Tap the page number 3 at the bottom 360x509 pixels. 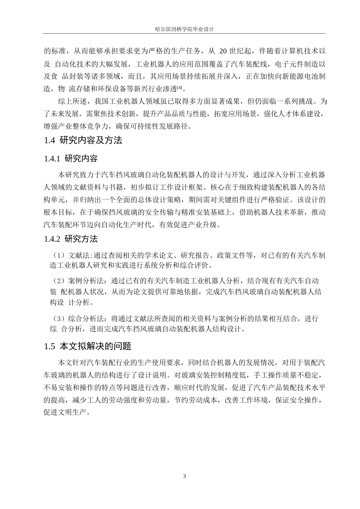pos(185,476)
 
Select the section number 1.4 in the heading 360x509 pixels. pos(50,141)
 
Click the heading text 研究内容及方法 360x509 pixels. pos(91,141)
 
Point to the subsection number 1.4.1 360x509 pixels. pos(52,159)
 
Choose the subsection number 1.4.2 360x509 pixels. pos(52,239)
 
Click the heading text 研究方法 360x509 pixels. pos(81,239)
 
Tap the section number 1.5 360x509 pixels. pos(50,346)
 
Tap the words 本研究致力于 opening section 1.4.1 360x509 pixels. pos(78,175)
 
